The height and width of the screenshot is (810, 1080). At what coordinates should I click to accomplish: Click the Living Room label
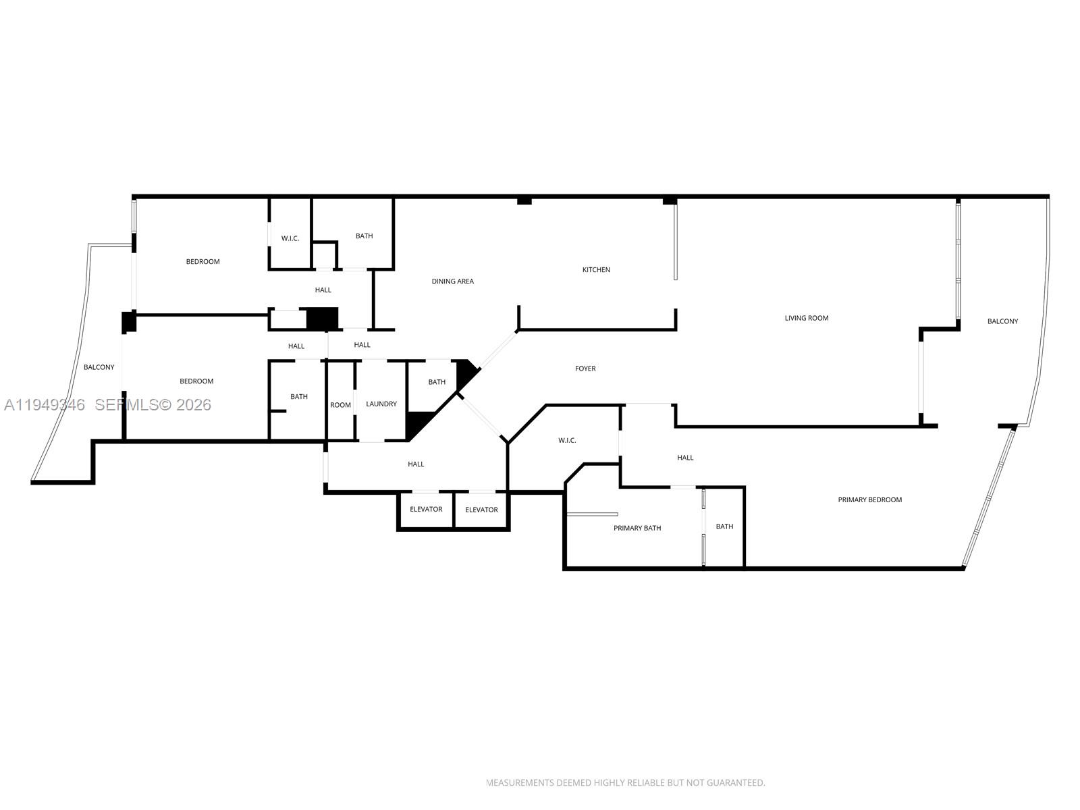click(806, 318)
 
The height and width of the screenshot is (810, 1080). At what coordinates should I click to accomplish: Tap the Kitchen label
click(596, 269)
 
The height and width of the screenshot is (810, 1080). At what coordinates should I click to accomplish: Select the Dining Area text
click(452, 281)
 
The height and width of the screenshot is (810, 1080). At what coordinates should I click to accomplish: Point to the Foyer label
click(585, 369)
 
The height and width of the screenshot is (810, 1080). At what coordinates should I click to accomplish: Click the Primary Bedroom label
click(869, 500)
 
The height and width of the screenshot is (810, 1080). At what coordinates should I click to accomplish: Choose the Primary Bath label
click(637, 528)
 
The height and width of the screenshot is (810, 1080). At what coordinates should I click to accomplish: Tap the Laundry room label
click(381, 404)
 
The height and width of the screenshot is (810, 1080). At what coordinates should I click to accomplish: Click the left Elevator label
click(426, 509)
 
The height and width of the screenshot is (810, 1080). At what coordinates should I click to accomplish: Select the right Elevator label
click(481, 510)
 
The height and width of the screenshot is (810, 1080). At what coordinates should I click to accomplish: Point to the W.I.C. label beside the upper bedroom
click(290, 238)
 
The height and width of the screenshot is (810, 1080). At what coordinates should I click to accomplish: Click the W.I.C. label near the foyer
click(567, 440)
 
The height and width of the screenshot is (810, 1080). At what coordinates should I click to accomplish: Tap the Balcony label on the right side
click(1002, 321)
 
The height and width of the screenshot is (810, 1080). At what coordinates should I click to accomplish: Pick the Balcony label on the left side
click(99, 367)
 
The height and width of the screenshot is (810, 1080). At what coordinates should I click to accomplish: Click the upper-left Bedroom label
click(202, 261)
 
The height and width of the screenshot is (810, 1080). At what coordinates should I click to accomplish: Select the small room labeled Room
click(340, 405)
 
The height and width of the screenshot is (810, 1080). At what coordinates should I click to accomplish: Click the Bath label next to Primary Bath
click(724, 526)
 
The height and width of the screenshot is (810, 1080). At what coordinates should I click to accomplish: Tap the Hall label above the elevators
click(416, 464)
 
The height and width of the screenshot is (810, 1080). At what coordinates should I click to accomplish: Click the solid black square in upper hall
click(322, 319)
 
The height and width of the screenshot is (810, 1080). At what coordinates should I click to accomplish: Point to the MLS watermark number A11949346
click(45, 404)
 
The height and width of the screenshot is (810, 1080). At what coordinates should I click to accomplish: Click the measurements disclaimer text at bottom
click(626, 783)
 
